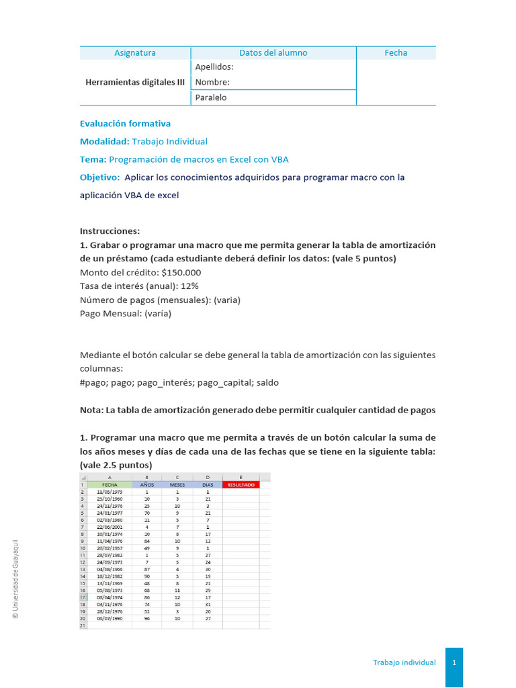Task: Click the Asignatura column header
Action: [x=135, y=53]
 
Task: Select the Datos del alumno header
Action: [x=273, y=53]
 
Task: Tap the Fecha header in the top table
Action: [x=396, y=53]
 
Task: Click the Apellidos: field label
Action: [x=214, y=67]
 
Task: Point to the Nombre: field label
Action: [x=212, y=83]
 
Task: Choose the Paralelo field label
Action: [x=210, y=97]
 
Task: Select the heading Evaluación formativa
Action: [x=125, y=124]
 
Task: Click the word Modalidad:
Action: [x=104, y=142]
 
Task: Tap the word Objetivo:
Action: [x=99, y=177]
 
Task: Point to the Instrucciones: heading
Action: [x=110, y=230]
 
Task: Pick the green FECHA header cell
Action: [x=110, y=484]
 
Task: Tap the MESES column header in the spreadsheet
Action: [x=177, y=484]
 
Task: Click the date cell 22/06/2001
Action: [x=110, y=527]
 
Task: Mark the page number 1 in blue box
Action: [x=454, y=662]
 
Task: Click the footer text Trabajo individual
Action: [x=404, y=662]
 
